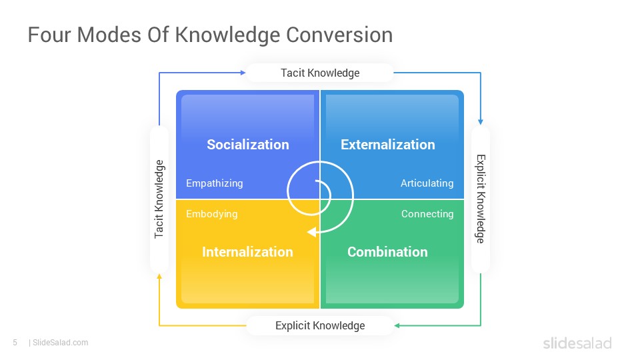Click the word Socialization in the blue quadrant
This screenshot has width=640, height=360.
click(x=248, y=145)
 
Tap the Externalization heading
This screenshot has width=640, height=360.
click(x=388, y=145)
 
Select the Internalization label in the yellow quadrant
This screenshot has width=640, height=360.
click(x=247, y=252)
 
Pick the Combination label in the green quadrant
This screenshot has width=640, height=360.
click(x=387, y=252)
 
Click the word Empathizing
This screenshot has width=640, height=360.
click(x=214, y=183)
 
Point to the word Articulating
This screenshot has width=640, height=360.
click(x=427, y=183)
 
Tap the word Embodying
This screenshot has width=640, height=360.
click(x=211, y=214)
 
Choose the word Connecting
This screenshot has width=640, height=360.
click(x=427, y=214)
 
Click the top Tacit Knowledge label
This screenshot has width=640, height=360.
click(x=320, y=73)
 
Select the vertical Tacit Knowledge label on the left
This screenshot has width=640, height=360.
click(x=159, y=199)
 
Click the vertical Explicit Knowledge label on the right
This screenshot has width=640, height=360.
click(x=481, y=199)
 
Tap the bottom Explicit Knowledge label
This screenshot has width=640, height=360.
click(x=320, y=326)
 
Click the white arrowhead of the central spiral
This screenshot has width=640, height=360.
click(x=312, y=232)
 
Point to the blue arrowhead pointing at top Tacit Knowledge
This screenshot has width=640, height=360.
click(x=243, y=73)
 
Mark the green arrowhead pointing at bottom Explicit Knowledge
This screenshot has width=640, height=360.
click(x=397, y=325)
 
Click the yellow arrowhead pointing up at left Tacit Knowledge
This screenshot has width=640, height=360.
click(x=159, y=277)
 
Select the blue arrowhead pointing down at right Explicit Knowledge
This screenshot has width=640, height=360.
click(x=481, y=121)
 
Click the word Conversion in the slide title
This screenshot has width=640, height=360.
click(x=339, y=35)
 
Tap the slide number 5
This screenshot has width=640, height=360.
click(x=15, y=343)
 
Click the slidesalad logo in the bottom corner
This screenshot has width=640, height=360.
click(x=577, y=343)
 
